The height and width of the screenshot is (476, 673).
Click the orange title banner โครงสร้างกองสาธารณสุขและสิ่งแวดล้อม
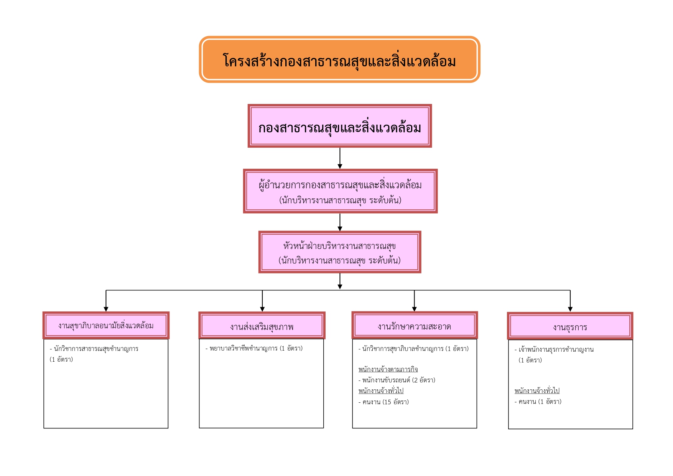coord(339,59)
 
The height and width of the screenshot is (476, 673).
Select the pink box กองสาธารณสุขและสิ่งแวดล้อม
coord(340,126)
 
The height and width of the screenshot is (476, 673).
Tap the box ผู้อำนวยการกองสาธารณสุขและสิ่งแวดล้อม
coord(340,191)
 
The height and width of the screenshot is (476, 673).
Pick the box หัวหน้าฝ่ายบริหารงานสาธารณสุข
coord(340,252)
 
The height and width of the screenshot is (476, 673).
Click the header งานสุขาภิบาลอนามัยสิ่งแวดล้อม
coord(106,325)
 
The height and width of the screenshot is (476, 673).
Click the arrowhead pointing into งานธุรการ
coord(570,309)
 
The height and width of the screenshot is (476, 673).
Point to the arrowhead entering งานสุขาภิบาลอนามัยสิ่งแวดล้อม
coord(106,309)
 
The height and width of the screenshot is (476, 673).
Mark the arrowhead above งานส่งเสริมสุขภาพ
coord(262,309)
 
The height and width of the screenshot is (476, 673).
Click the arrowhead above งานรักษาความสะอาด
coord(414,309)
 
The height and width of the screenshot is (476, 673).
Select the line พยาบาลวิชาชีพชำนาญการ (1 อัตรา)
coord(254,348)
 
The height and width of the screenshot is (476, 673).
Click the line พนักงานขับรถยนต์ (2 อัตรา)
coord(397,380)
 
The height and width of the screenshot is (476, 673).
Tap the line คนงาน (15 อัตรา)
coord(383,402)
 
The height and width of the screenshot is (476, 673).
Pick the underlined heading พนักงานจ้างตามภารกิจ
coord(388,369)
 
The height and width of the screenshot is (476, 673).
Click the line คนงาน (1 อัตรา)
coord(538,402)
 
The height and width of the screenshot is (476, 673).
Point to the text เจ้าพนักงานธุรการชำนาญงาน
coord(556,349)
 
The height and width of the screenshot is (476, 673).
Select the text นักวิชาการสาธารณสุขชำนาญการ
coord(96,349)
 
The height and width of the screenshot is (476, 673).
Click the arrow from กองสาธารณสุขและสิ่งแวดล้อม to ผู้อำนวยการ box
coord(340,158)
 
